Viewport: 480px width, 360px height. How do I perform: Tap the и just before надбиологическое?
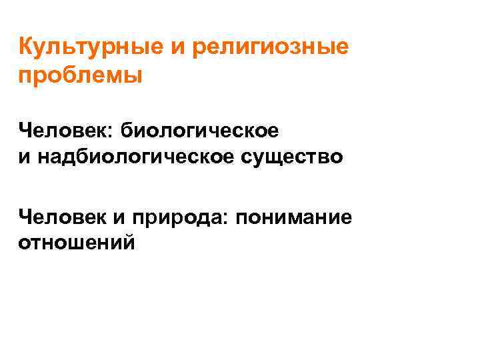point(24,158)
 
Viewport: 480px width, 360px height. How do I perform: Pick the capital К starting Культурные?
point(26,48)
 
